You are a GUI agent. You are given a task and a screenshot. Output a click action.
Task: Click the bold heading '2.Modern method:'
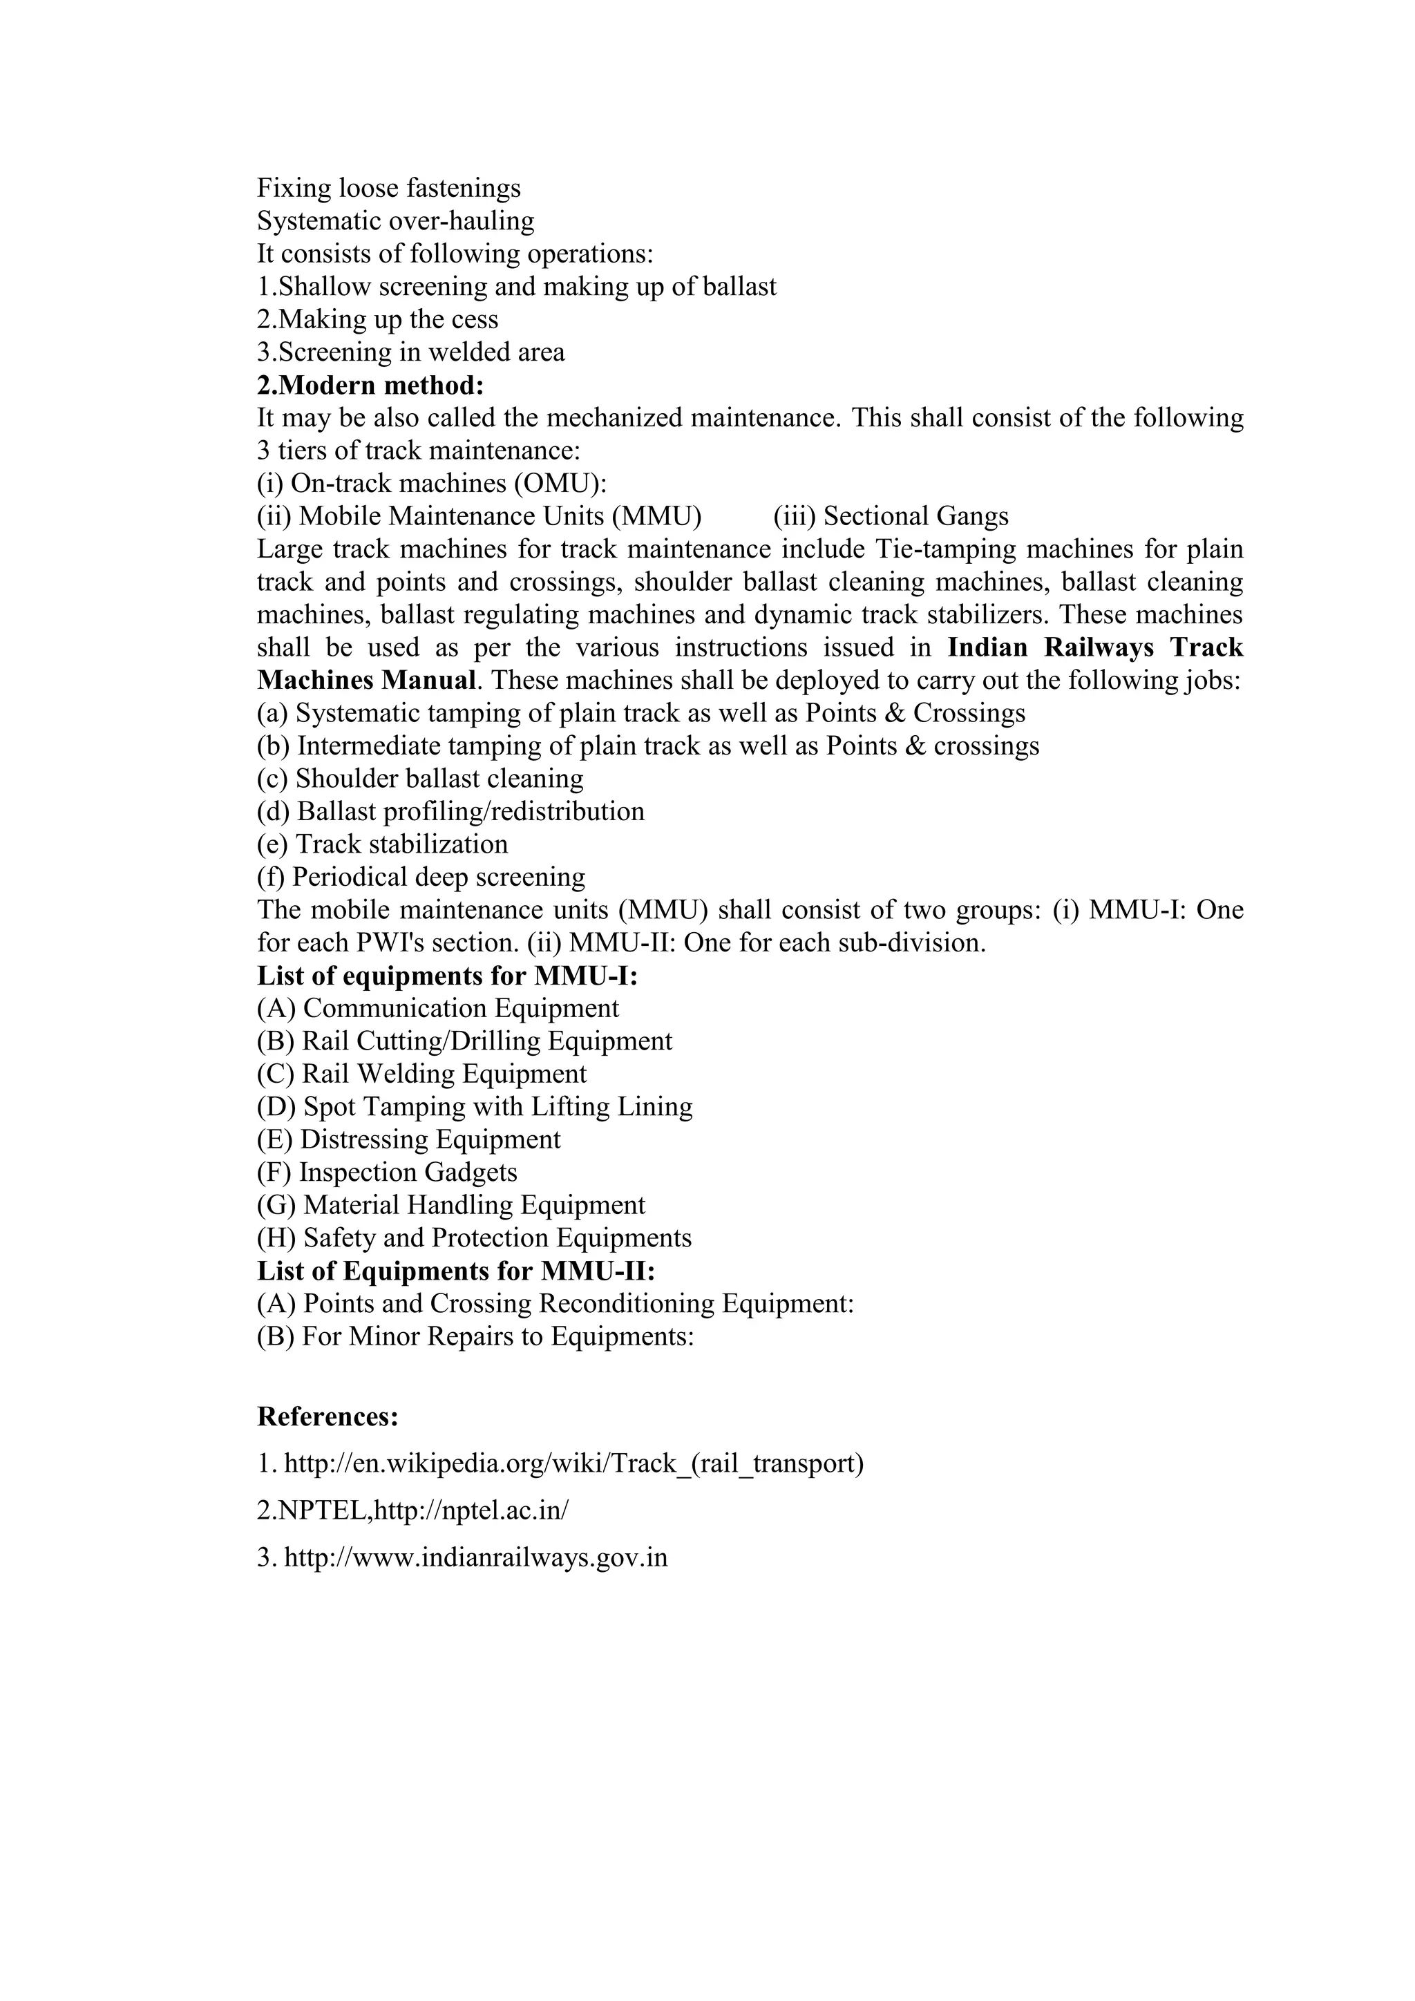370,386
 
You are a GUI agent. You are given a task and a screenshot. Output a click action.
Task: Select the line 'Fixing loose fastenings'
388,188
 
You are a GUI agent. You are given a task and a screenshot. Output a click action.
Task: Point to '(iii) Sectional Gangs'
891,517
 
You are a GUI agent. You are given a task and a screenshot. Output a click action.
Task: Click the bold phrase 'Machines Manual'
367,681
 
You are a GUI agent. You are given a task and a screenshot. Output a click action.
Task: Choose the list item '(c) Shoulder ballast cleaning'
420,779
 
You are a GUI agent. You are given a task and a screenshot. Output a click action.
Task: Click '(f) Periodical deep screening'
421,878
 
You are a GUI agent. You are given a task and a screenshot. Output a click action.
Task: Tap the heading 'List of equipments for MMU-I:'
447,976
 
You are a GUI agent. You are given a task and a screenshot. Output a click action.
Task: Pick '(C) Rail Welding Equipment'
421,1074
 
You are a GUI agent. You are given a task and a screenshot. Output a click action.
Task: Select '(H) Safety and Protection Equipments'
474,1238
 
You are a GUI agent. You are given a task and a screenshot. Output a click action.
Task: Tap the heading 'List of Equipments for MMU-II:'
456,1271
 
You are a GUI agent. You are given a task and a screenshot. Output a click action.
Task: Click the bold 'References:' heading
327,1417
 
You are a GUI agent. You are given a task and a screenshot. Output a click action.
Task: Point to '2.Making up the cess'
377,320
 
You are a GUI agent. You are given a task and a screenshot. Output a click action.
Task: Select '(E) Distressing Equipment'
408,1140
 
